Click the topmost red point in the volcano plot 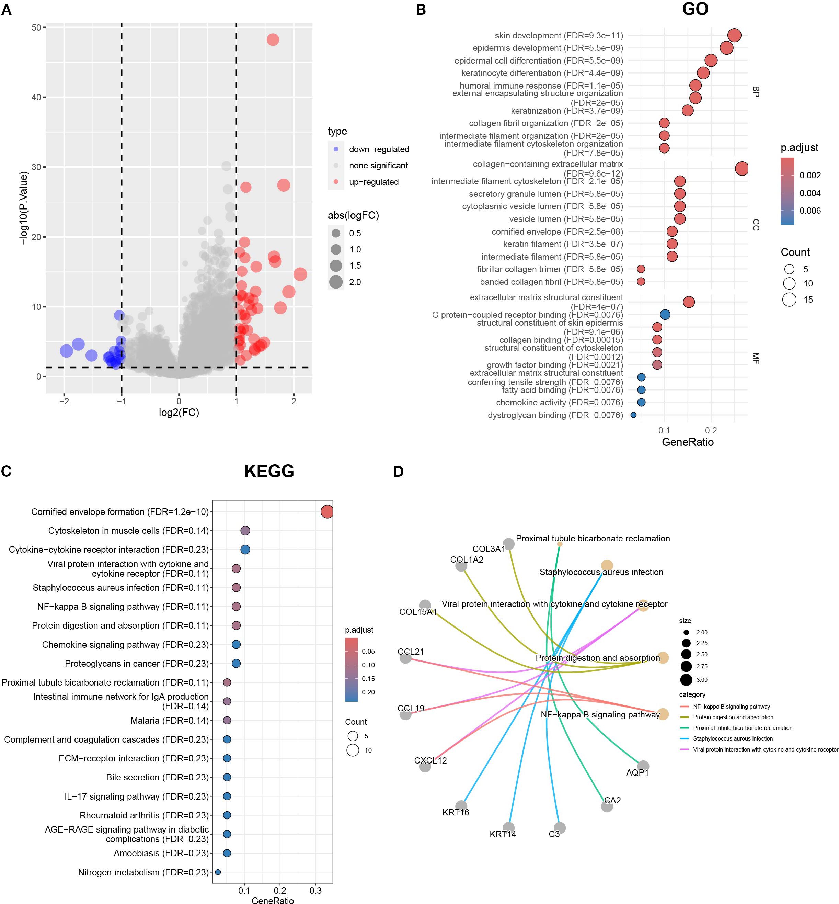[x=273, y=39]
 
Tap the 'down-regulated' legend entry [x=379, y=149]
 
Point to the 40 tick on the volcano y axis [x=36, y=97]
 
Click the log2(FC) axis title [x=179, y=413]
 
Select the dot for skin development [x=734, y=35]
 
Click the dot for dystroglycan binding [x=633, y=415]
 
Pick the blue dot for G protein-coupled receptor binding [x=665, y=314]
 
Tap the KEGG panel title [x=269, y=471]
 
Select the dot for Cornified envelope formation [x=327, y=511]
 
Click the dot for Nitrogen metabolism [x=218, y=872]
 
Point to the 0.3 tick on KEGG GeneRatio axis [x=315, y=890]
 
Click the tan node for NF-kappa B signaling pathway [x=663, y=714]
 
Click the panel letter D [x=398, y=472]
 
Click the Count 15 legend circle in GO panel [x=789, y=300]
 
